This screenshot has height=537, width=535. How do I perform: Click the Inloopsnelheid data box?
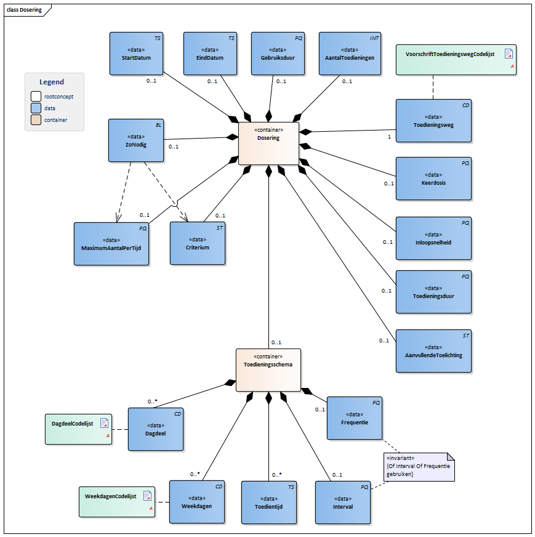433,238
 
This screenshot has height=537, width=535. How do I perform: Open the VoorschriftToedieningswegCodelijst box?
455,60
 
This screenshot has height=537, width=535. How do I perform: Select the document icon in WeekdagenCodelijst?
147,496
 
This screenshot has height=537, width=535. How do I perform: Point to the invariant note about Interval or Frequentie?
418,466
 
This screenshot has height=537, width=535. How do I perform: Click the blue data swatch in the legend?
36,108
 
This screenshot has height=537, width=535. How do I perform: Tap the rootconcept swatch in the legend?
36,96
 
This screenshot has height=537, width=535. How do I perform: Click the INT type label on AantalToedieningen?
374,38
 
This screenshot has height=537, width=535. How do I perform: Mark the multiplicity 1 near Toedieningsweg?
389,136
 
